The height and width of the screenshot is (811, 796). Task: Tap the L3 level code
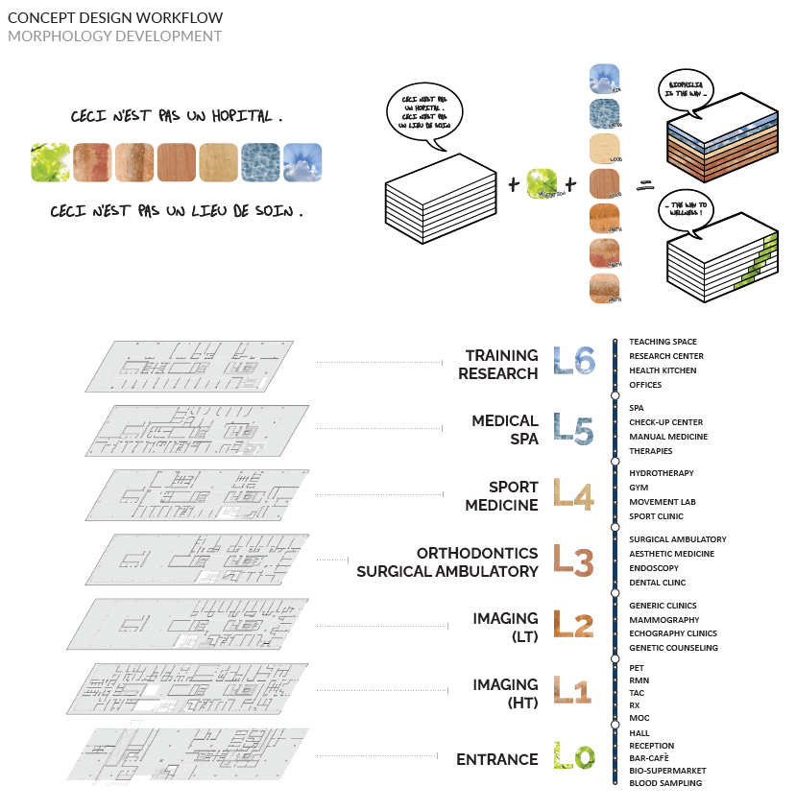[575, 561]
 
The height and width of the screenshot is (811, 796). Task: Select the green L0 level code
[575, 758]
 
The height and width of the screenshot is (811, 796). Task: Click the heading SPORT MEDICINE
[501, 496]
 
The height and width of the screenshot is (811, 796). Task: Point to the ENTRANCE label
[496, 759]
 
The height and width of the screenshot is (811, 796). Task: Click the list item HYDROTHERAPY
[661, 473]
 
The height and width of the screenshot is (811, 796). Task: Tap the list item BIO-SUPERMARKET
[667, 770]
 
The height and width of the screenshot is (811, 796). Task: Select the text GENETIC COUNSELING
[673, 648]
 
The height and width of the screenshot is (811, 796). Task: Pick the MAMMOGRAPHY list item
[663, 620]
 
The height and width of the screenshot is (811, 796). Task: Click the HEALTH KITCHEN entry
[663, 370]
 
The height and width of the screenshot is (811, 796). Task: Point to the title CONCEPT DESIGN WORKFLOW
[115, 17]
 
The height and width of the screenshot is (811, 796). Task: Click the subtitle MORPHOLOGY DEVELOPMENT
[114, 36]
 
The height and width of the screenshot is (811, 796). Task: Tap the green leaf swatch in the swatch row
[49, 162]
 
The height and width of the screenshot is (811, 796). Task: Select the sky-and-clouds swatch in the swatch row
[302, 162]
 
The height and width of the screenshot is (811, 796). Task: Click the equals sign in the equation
[644, 182]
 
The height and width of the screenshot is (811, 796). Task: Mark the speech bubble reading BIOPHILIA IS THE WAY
[690, 90]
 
